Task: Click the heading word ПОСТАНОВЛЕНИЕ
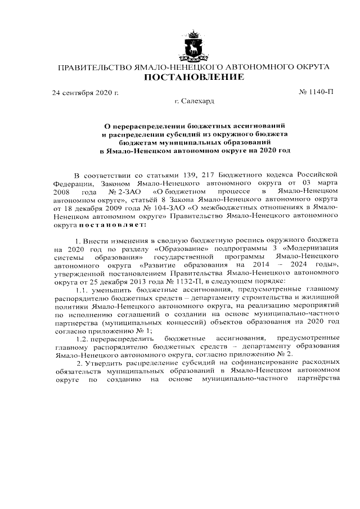(x=195, y=77)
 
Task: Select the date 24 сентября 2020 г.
(x=85, y=92)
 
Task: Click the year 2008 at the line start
(x=62, y=192)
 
